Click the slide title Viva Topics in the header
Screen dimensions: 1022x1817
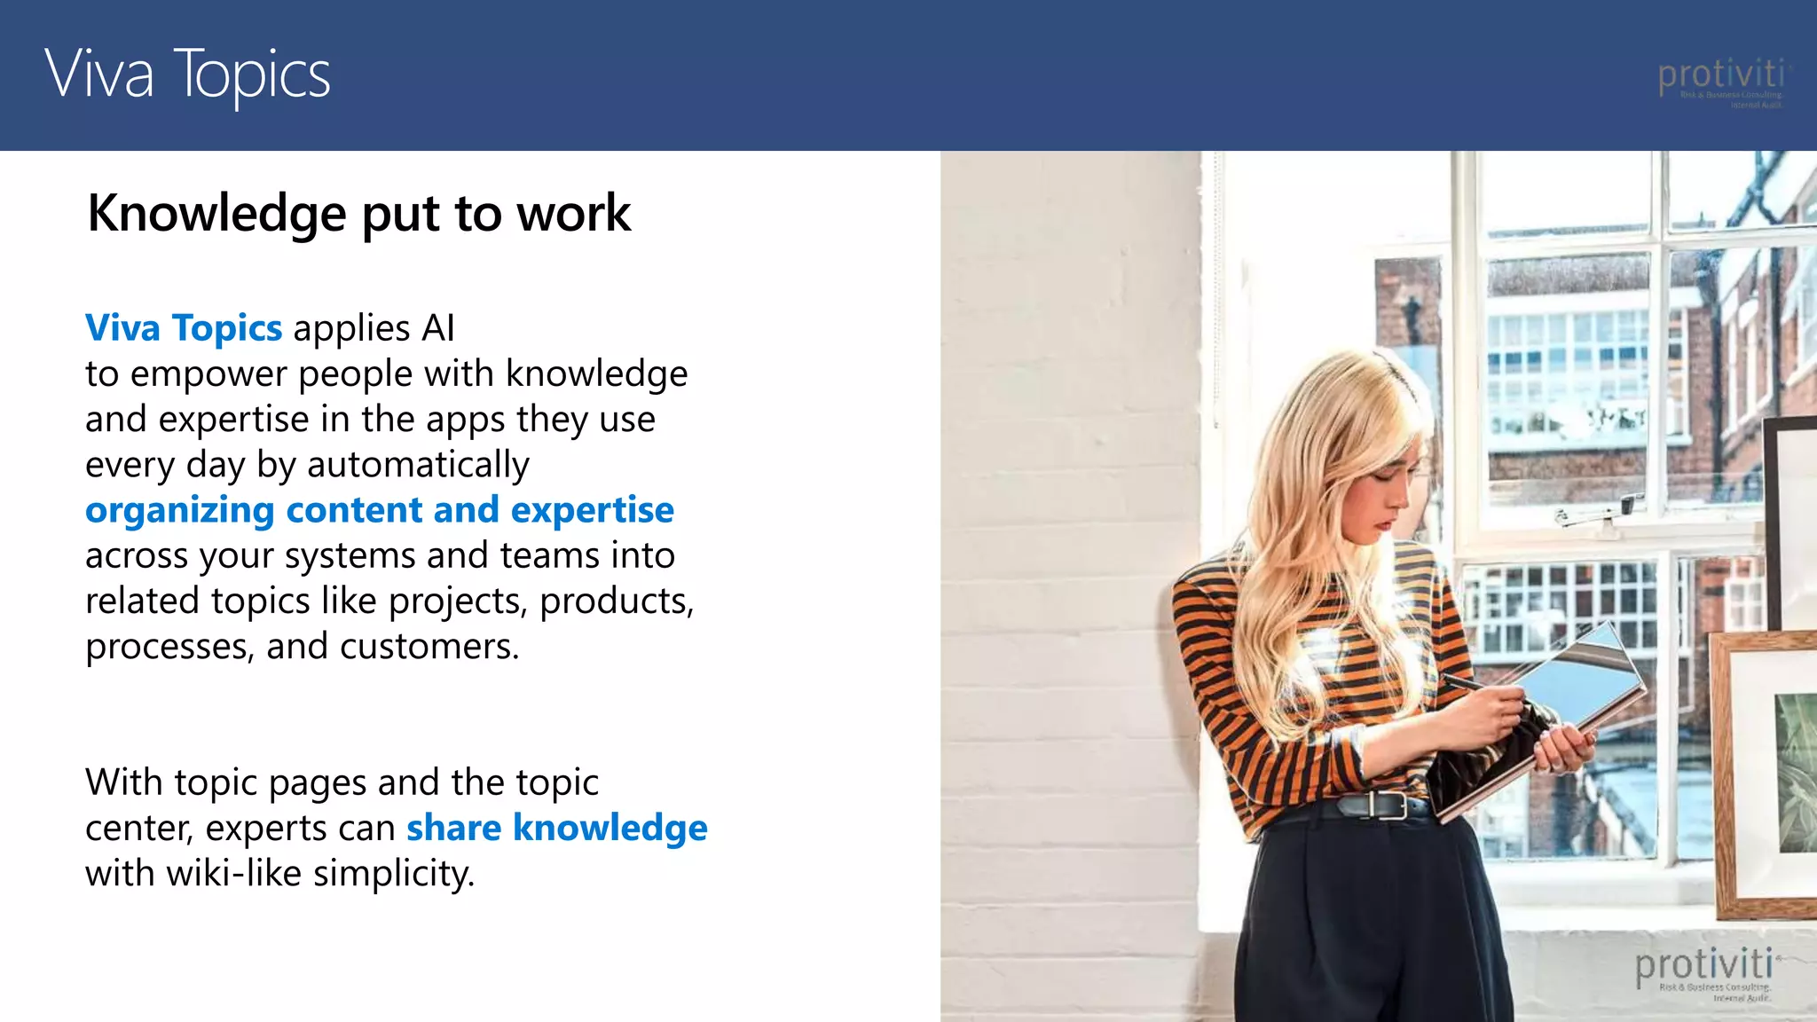click(x=187, y=75)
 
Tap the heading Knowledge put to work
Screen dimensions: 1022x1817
click(x=358, y=214)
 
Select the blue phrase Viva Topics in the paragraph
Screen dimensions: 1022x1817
click(x=184, y=328)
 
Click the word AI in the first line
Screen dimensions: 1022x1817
click(x=438, y=328)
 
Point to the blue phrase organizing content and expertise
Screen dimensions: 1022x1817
click(x=380, y=510)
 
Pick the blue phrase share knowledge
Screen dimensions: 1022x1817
click(x=556, y=828)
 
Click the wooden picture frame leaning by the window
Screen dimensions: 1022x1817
click(x=1761, y=772)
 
